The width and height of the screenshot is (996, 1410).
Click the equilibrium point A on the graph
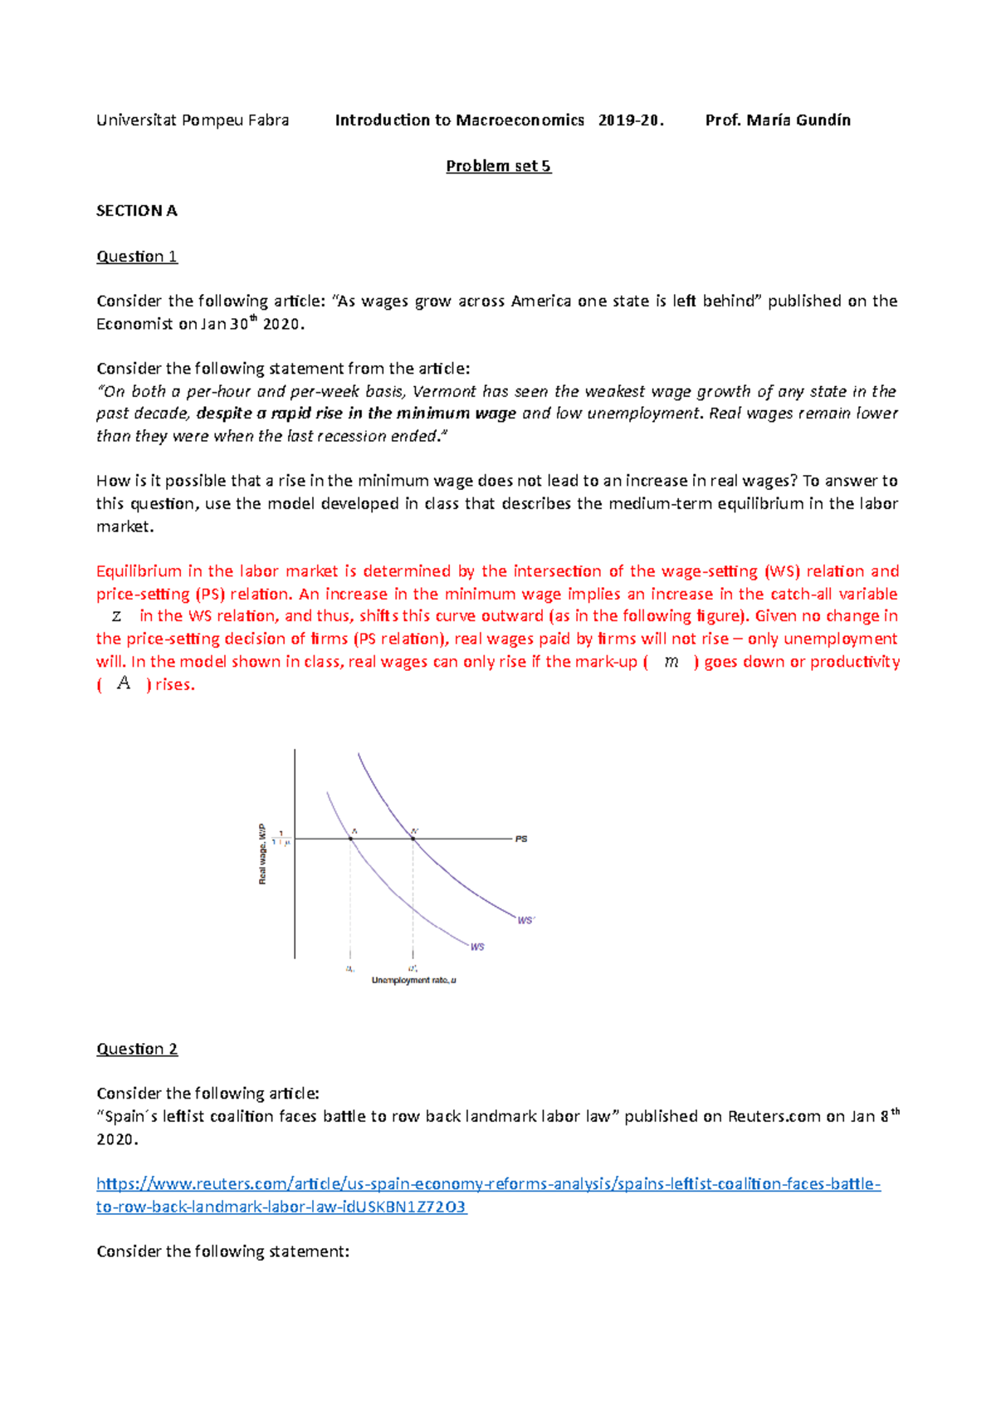point(350,839)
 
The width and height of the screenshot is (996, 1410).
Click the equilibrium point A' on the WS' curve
point(413,839)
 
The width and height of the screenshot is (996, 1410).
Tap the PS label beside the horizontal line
point(521,839)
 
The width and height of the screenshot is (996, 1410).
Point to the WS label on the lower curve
point(477,947)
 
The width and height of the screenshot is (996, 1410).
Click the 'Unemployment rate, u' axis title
point(413,980)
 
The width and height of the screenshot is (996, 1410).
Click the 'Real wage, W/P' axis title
point(262,854)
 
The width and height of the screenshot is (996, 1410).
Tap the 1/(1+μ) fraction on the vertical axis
point(281,838)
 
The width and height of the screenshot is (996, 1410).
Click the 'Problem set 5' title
point(498,166)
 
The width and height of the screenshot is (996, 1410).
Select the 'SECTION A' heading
point(136,211)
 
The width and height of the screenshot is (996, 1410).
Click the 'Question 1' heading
point(137,257)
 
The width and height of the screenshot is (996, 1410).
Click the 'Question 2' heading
point(137,1049)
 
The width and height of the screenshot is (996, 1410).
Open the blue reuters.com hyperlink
point(488,1184)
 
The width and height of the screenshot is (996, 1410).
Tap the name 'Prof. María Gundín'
point(778,120)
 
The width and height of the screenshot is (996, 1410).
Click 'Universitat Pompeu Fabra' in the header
point(193,120)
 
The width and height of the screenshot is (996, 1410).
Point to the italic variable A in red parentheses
point(124,683)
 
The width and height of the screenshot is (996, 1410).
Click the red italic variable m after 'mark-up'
point(671,662)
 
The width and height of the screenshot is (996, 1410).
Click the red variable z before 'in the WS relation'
point(116,616)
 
